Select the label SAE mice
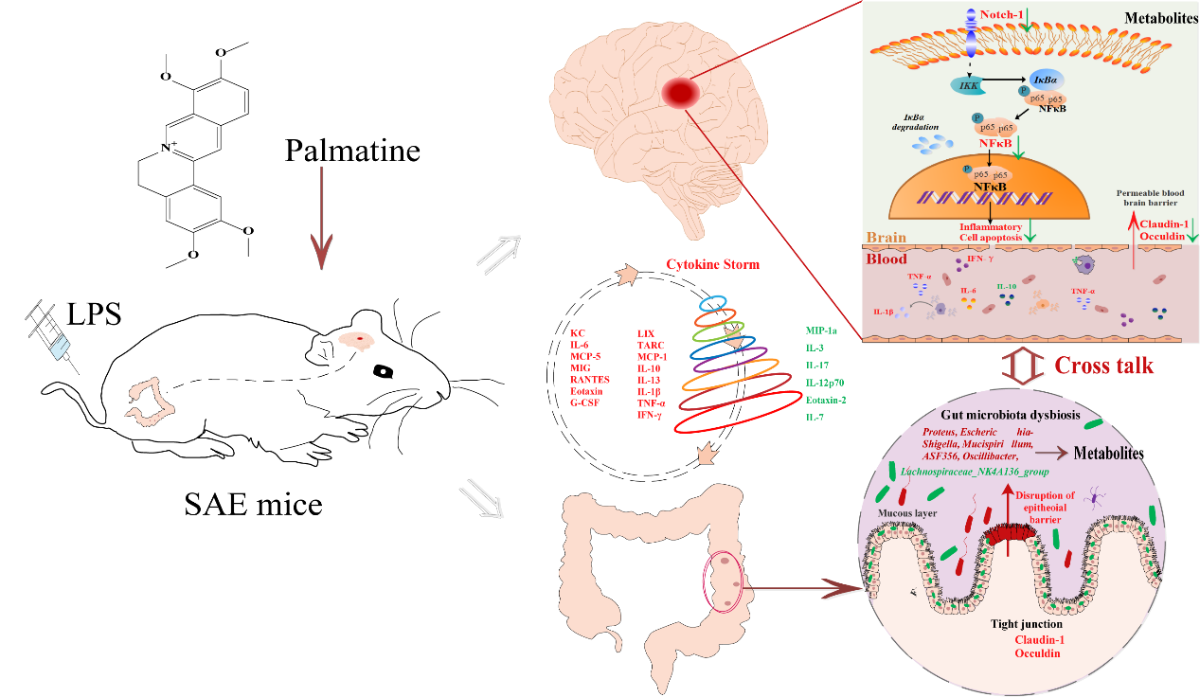(253, 503)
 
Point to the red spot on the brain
(680, 92)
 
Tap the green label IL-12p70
(825, 382)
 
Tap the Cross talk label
(1103, 366)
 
